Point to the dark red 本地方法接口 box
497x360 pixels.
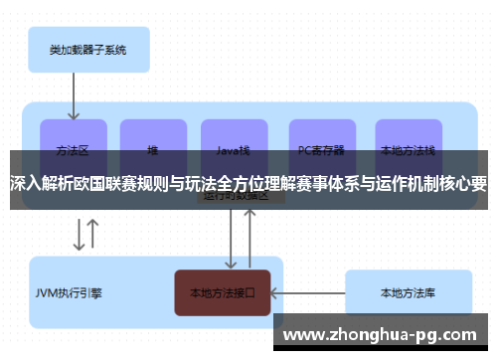click(x=223, y=293)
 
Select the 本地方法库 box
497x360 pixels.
click(x=408, y=293)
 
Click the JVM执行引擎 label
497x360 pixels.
click(x=69, y=293)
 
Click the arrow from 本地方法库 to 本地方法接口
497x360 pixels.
click(x=307, y=293)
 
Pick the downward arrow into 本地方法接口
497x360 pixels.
click(x=232, y=239)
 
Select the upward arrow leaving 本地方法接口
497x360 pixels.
click(x=249, y=239)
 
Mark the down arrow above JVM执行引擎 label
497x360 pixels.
click(x=78, y=233)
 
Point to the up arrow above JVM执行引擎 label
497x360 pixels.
click(x=92, y=233)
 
